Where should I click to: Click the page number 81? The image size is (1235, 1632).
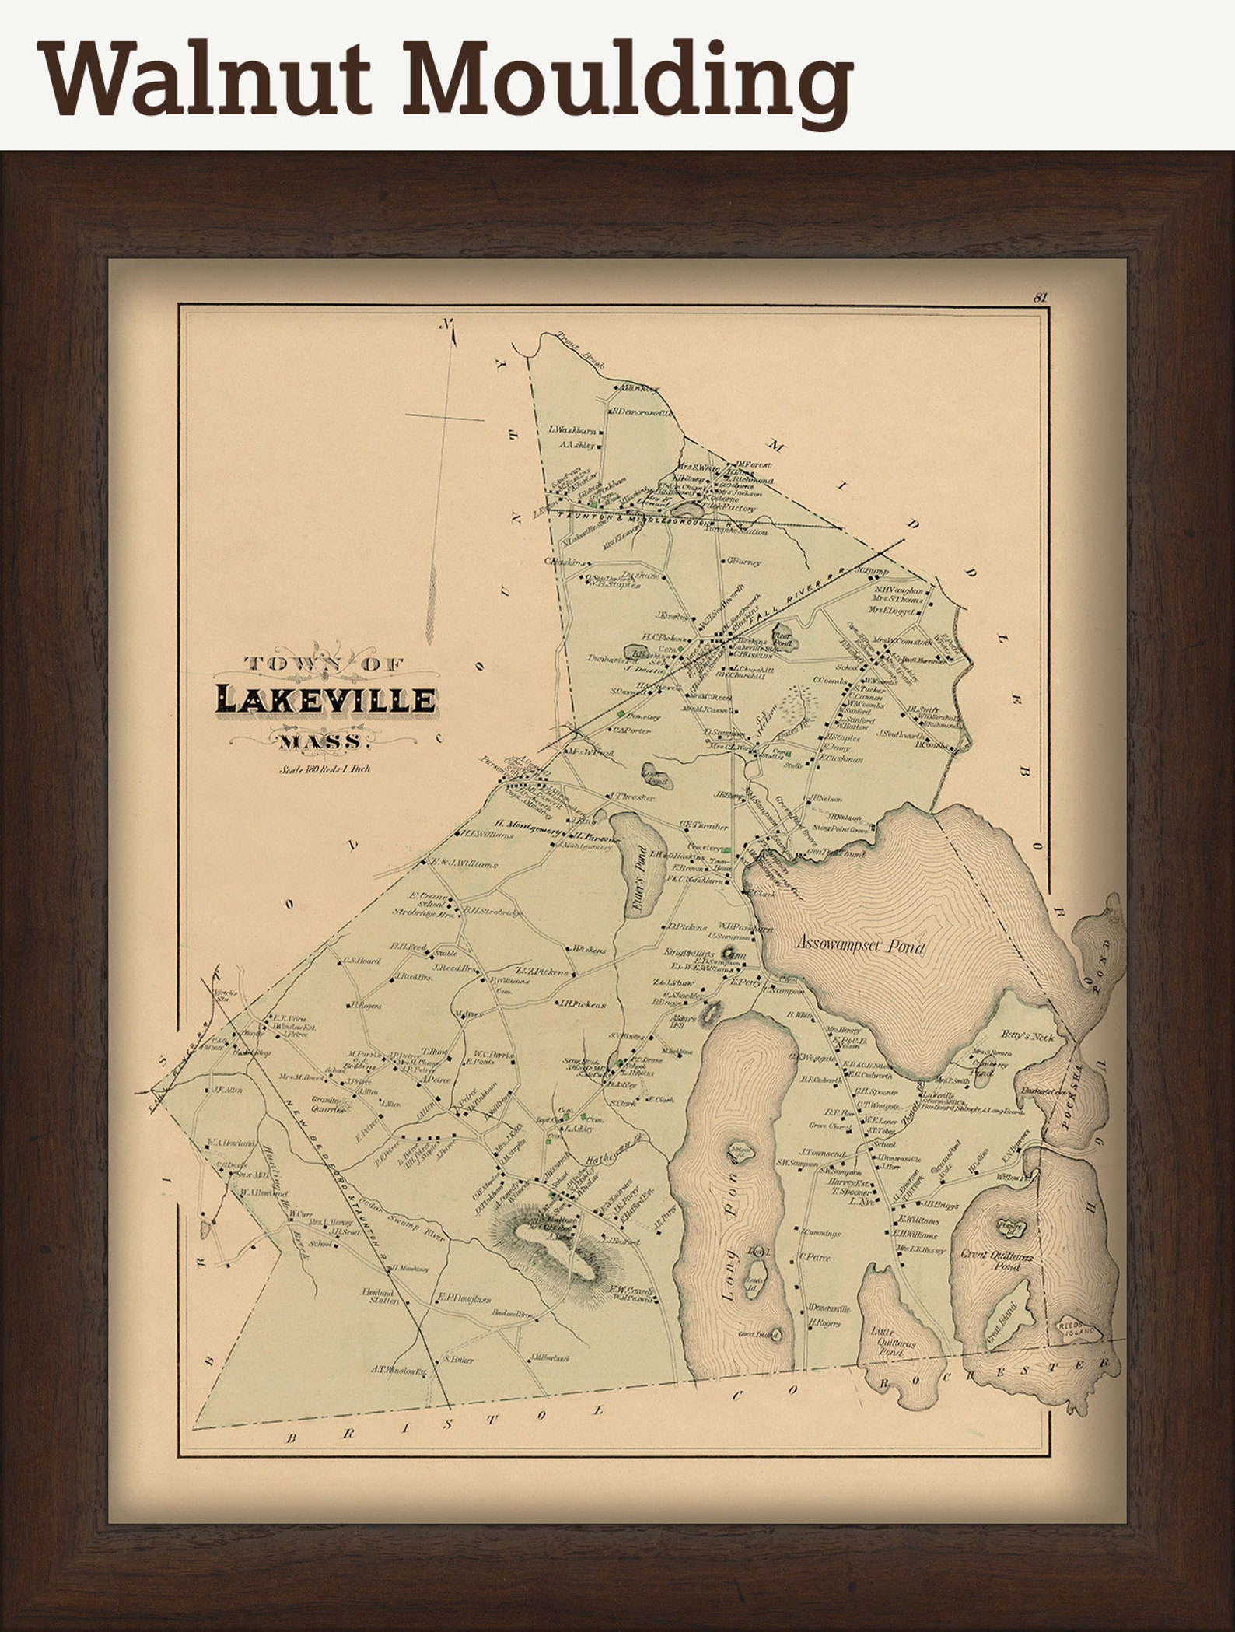(1041, 296)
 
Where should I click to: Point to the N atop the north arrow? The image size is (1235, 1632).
(446, 324)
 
